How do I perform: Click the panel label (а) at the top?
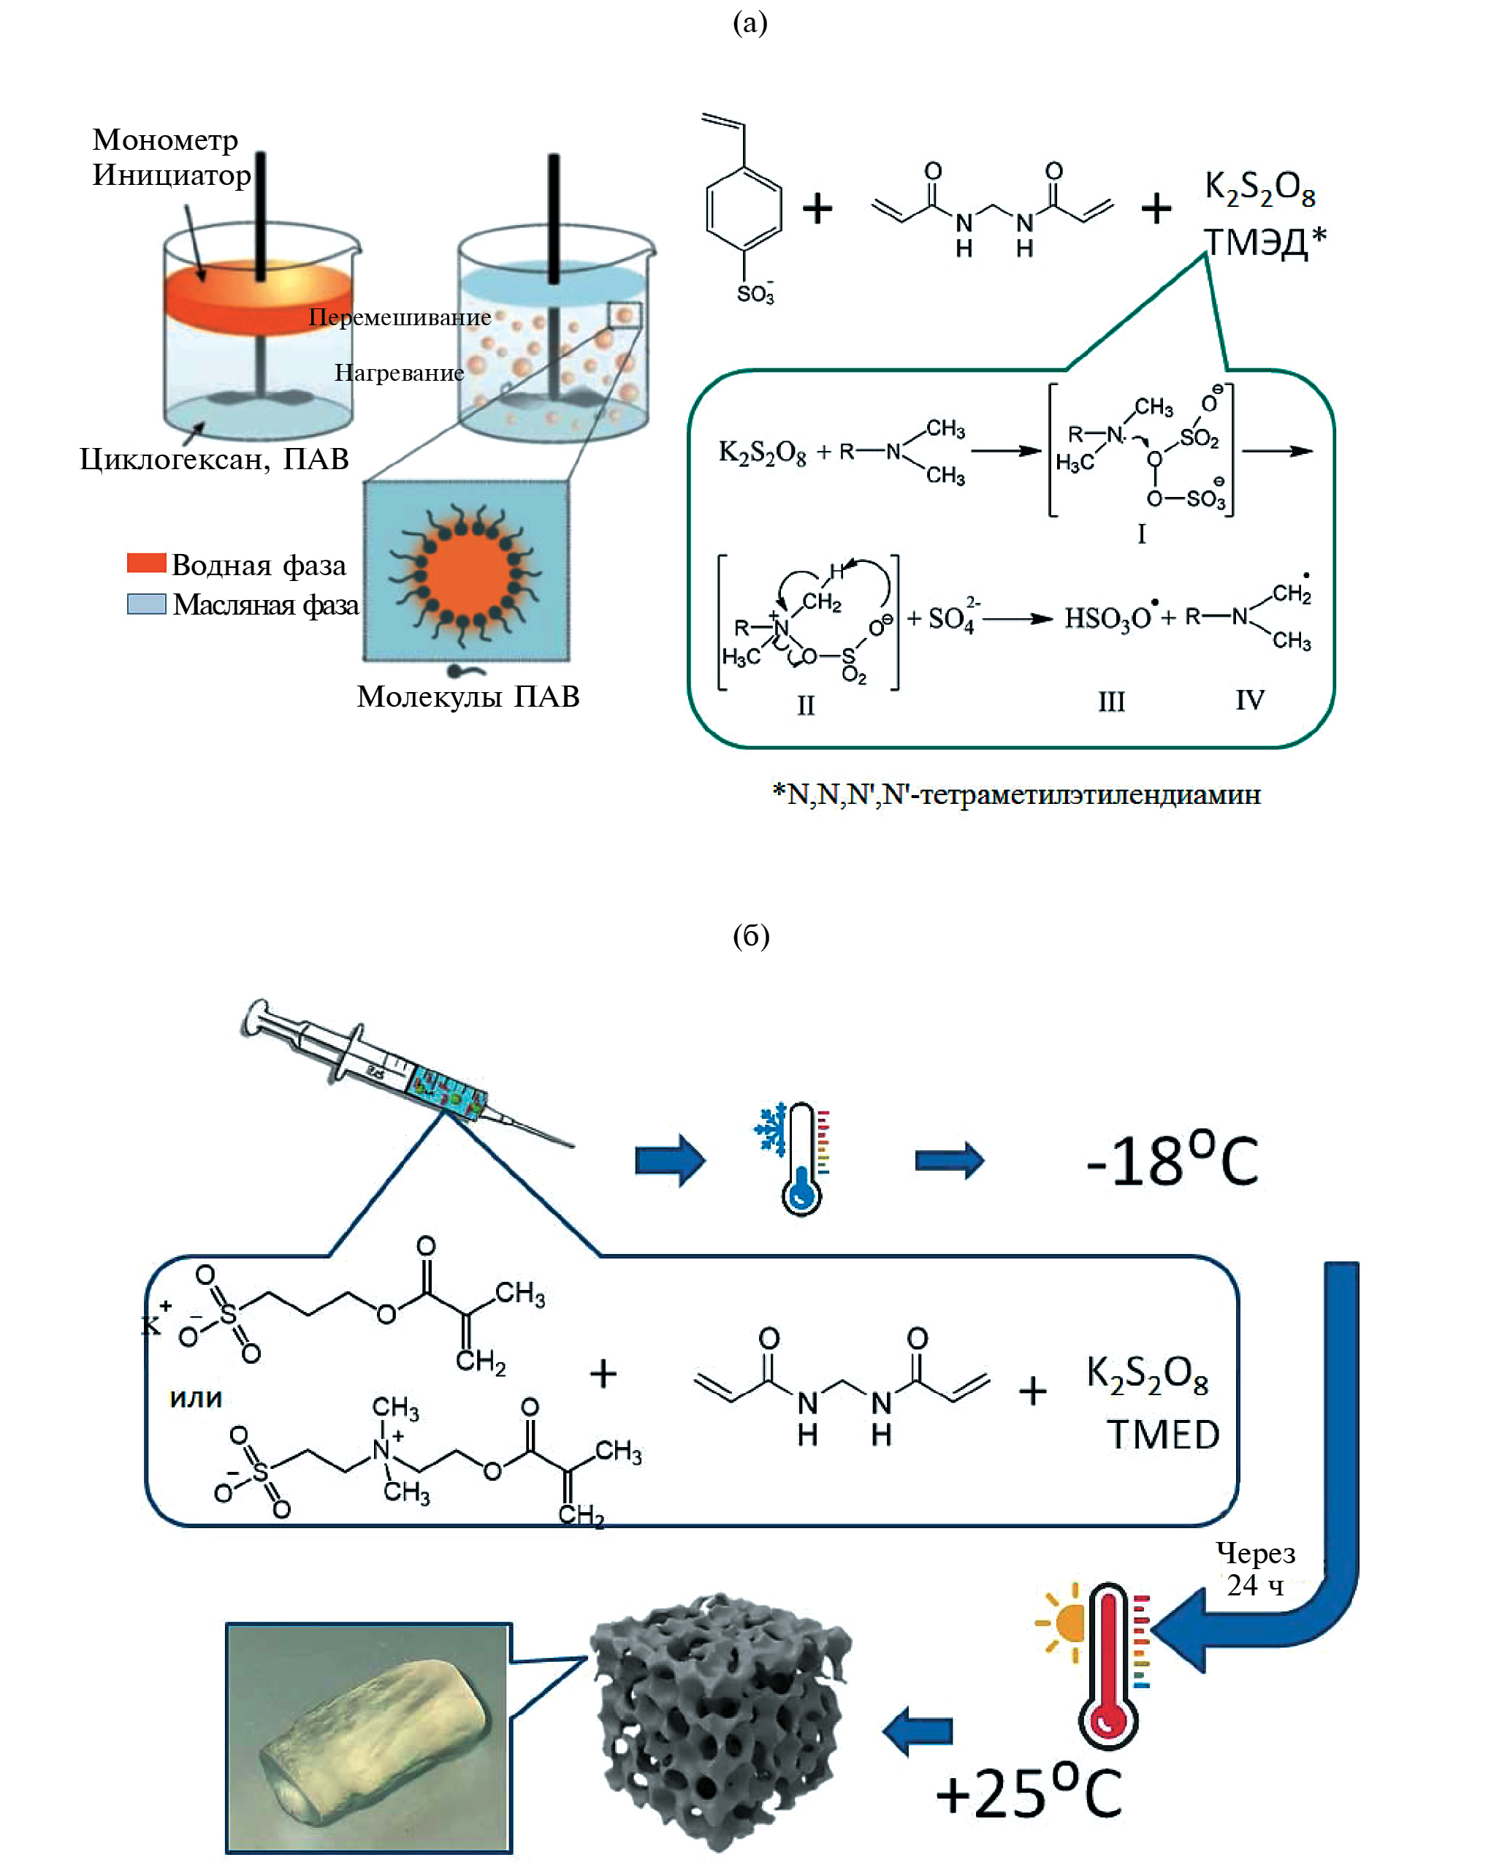coord(750,22)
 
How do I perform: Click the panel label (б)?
coord(751,935)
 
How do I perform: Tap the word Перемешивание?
coord(400,318)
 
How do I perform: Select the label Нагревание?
coord(400,373)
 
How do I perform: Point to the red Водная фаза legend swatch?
coord(146,563)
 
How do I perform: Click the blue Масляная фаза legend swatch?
coord(146,604)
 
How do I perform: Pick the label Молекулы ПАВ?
coord(468,696)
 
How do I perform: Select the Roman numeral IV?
coord(1250,699)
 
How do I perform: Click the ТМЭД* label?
coord(1264,242)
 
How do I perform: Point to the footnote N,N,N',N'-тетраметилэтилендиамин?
coord(1016,794)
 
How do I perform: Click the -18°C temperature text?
coord(1172,1161)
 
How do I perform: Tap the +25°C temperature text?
coord(1028,1792)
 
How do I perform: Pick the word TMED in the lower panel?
coord(1163,1435)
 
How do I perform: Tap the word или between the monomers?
coord(196,1397)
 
